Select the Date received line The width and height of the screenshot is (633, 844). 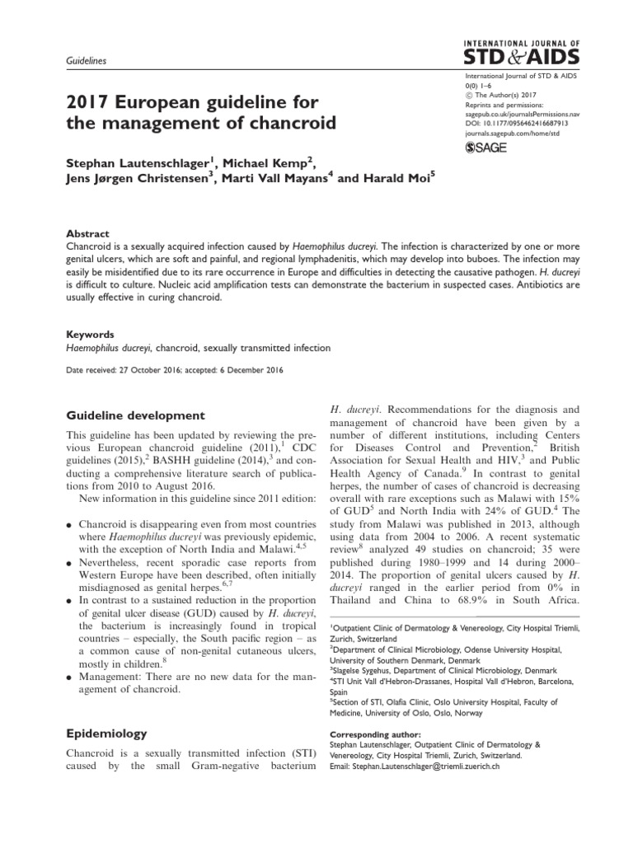click(x=174, y=370)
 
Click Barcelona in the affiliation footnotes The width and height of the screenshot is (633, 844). click(x=556, y=682)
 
